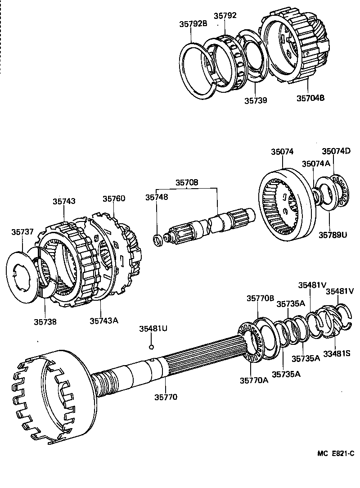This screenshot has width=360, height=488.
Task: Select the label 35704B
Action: point(310,97)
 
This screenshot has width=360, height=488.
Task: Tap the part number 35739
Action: point(256,100)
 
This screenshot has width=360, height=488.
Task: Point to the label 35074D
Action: point(336,151)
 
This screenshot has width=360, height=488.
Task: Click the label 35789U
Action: point(333,234)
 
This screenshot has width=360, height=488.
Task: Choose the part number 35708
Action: point(186,183)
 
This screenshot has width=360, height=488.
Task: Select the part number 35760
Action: point(113,199)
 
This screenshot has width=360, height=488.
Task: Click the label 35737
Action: point(22,231)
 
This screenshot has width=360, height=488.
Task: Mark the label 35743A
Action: point(103,321)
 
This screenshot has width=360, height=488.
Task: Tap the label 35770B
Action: point(260,298)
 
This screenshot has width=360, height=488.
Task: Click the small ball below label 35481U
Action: point(152,347)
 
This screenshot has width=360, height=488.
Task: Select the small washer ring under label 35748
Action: point(158,240)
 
